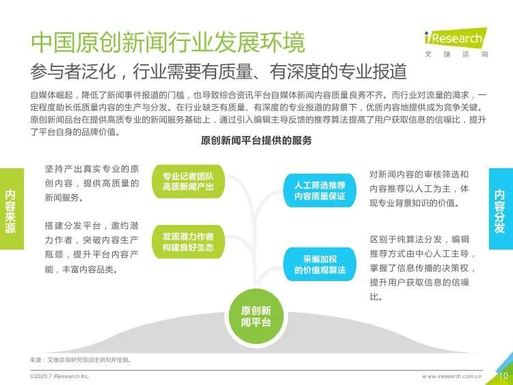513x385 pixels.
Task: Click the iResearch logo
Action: click(456, 43)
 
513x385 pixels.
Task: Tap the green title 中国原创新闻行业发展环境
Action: click(168, 42)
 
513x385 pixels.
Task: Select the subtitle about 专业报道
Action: click(219, 71)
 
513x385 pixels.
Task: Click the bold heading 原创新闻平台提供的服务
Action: click(256, 141)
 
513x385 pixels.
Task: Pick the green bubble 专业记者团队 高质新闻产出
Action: click(188, 182)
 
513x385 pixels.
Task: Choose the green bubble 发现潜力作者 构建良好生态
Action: click(188, 241)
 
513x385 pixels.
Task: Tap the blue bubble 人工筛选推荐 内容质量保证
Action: click(319, 191)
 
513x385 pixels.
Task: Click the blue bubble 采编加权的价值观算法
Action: click(319, 264)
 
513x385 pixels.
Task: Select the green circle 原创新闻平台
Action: click(256, 317)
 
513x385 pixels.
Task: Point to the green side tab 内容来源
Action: click(12, 209)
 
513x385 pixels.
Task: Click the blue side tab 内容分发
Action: click(501, 209)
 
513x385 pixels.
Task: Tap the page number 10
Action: click(503, 376)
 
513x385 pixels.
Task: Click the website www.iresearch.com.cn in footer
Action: click(451, 377)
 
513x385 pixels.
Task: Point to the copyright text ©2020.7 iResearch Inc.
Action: click(60, 377)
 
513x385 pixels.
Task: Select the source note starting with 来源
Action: click(81, 360)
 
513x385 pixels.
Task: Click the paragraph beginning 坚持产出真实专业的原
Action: click(92, 183)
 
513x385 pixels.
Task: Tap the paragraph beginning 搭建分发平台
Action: click(92, 248)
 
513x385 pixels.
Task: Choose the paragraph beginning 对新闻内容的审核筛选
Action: click(419, 189)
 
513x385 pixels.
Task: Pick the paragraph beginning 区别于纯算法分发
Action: click(422, 268)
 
